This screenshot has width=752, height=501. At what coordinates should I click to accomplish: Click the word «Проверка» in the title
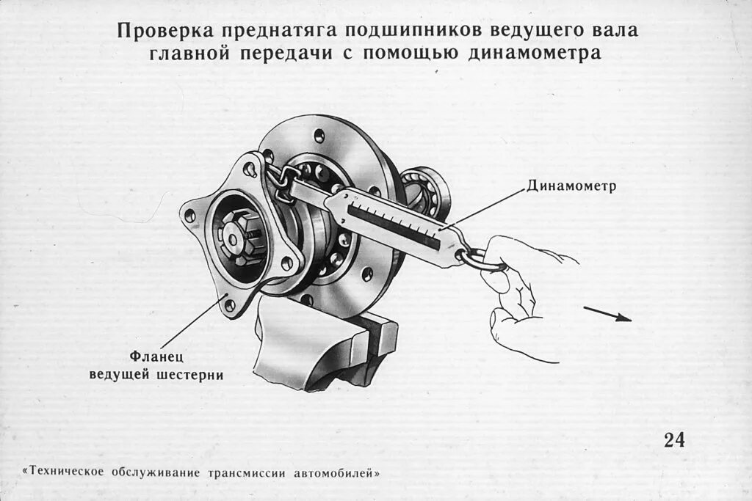[x=158, y=32]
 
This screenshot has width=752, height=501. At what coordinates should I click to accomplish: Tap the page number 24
[x=674, y=439]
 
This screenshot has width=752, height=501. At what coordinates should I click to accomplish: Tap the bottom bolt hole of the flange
[x=229, y=304]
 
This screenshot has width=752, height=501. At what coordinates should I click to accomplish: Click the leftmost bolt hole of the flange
[x=190, y=216]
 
